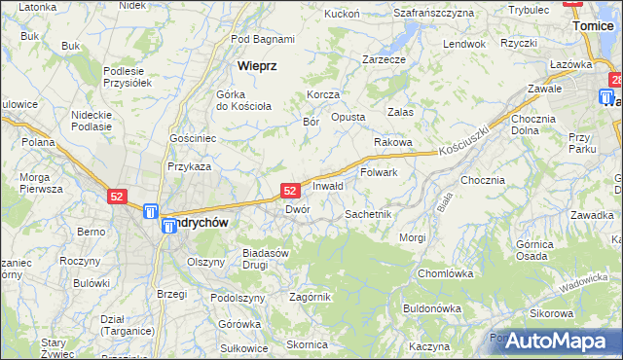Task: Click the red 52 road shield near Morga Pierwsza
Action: (x=117, y=197)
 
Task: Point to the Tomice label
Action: (x=594, y=26)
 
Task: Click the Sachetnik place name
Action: (x=368, y=213)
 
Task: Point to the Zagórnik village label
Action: (x=311, y=297)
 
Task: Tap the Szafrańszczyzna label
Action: (x=433, y=13)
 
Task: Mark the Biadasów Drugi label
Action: (x=266, y=258)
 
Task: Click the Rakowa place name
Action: (x=393, y=142)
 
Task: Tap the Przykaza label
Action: (x=189, y=166)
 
